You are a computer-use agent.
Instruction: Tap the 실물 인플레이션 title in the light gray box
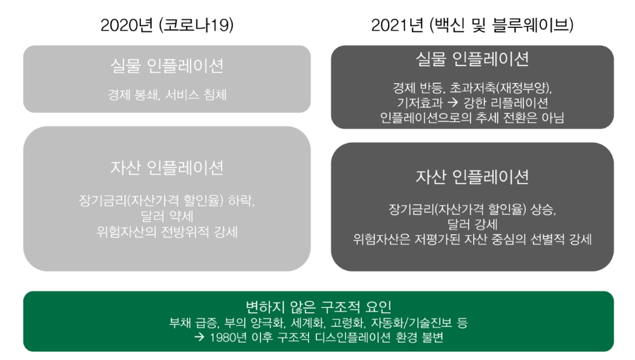[167, 65]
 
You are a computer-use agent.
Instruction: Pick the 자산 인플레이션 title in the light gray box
[167, 168]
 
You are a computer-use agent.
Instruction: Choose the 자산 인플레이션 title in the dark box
[472, 177]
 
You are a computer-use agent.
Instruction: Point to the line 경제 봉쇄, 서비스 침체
[167, 96]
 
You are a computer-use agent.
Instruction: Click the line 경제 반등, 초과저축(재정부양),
[472, 87]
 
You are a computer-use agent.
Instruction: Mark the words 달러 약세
[167, 217]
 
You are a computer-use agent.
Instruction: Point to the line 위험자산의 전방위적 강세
[167, 232]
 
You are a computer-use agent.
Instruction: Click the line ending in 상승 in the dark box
[472, 210]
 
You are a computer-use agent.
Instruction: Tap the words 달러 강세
[472, 225]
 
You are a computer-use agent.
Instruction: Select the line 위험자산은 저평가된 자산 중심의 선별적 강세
[472, 240]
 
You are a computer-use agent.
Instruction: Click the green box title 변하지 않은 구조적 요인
[318, 307]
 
